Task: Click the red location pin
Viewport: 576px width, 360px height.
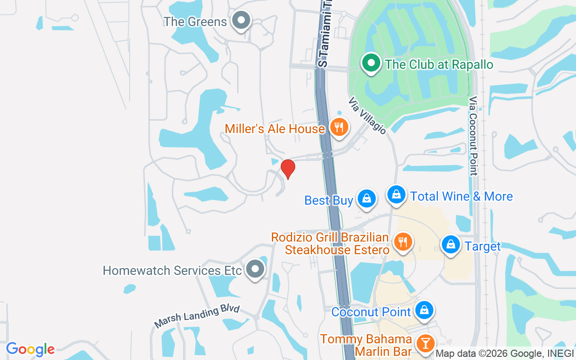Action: click(x=288, y=169)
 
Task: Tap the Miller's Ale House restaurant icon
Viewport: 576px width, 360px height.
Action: click(x=339, y=127)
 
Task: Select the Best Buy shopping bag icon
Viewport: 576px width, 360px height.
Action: click(x=367, y=198)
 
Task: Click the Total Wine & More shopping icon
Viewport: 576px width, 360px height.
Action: click(x=396, y=195)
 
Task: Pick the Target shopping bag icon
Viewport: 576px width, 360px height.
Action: click(x=450, y=245)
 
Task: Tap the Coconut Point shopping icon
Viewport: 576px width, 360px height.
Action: click(x=424, y=310)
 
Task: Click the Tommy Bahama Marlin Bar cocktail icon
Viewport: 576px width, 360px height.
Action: click(x=424, y=343)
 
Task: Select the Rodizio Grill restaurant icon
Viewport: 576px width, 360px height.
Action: click(x=402, y=242)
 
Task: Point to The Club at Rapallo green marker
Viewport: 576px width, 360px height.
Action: click(x=371, y=63)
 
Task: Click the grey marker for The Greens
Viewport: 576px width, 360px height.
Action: click(x=241, y=20)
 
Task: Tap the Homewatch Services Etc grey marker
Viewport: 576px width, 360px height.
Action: click(x=256, y=269)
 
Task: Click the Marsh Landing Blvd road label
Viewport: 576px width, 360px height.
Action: click(x=197, y=316)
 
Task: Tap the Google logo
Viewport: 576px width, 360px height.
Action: click(x=30, y=349)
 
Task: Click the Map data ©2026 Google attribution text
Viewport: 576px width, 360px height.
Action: click(x=504, y=354)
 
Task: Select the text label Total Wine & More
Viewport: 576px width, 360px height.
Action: click(x=462, y=197)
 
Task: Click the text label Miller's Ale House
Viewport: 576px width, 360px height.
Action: click(x=274, y=129)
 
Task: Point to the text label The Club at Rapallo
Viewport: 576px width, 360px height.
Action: click(x=439, y=64)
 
